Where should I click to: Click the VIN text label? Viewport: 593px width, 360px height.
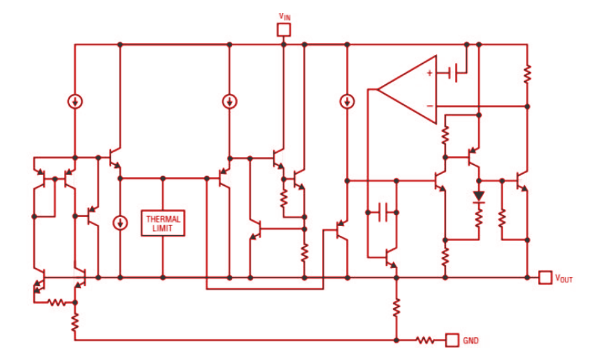tap(284, 16)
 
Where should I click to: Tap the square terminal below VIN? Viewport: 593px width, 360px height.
tap(284, 29)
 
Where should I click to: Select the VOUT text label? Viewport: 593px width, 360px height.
tap(564, 278)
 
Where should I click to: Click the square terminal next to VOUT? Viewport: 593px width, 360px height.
tap(545, 278)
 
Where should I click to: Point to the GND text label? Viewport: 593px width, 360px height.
tap(471, 340)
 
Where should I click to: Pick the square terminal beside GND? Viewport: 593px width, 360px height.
tap(452, 340)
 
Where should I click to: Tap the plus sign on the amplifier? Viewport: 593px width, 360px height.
tap(430, 73)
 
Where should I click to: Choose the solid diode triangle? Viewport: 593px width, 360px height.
tap(479, 195)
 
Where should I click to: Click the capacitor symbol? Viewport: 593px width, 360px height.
tap(383, 211)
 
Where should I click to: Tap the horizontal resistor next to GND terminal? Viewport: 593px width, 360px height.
tap(426, 340)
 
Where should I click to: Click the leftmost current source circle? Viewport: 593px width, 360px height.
tap(75, 101)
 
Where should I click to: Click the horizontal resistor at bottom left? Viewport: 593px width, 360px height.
tap(56, 303)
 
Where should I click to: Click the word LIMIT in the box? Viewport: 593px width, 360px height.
tap(162, 229)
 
